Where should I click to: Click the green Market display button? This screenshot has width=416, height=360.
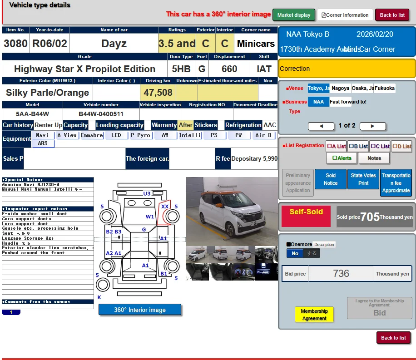(x=293, y=15)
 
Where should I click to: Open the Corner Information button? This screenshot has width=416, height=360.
(x=345, y=15)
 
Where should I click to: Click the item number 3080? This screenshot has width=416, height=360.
(x=15, y=44)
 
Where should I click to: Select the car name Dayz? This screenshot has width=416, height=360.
(x=114, y=44)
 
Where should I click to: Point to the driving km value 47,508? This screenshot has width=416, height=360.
(x=158, y=93)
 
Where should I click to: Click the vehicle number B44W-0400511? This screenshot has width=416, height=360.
(x=101, y=114)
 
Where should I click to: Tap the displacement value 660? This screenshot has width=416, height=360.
(x=229, y=69)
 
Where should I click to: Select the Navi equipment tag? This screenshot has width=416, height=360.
(x=42, y=135)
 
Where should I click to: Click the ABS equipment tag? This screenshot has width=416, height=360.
(x=43, y=143)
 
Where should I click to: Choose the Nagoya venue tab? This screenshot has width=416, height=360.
(x=340, y=89)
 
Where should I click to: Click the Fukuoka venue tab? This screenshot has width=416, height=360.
(x=384, y=89)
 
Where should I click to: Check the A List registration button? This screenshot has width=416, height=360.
(x=336, y=146)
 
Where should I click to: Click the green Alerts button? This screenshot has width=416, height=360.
(x=342, y=158)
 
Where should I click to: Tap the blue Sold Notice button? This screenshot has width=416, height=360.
(x=331, y=179)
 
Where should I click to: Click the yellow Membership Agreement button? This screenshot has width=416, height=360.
(x=314, y=314)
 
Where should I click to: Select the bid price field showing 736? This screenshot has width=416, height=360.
(x=341, y=274)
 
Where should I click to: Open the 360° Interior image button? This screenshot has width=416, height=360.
(x=140, y=310)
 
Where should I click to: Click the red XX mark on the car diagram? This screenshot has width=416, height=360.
(x=164, y=206)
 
